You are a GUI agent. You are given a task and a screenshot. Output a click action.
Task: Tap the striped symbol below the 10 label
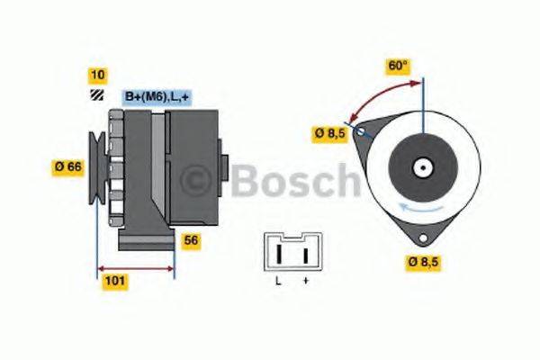(x=96, y=96)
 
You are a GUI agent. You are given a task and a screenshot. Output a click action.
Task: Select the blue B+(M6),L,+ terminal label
(x=156, y=95)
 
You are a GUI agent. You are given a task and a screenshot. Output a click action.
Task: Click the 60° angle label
(x=398, y=66)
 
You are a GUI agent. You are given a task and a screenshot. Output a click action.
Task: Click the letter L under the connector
(x=278, y=282)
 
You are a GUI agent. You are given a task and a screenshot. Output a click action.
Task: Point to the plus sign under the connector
(x=306, y=282)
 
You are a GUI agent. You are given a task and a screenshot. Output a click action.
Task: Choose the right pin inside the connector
(x=305, y=254)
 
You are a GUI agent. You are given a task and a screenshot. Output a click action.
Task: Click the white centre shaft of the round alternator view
(x=420, y=167)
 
